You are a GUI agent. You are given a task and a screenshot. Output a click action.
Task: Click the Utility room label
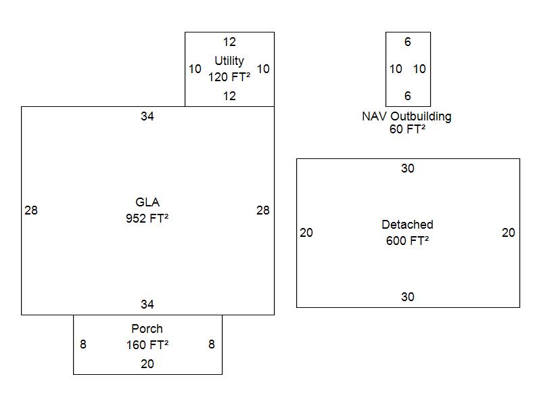pos(229,61)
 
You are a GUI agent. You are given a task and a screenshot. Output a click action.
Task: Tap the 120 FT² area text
pos(229,77)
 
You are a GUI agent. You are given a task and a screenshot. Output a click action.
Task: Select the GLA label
pos(147,202)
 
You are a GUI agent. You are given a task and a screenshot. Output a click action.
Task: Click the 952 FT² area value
pos(147,219)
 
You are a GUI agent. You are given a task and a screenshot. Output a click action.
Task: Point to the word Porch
pos(147,329)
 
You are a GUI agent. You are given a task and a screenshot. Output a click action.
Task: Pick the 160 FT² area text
pos(147,345)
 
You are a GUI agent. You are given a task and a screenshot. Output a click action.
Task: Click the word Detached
pos(407,225)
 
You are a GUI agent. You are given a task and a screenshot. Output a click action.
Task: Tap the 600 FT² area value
pos(407,241)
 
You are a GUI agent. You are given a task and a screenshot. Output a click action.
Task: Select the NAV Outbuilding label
pos(407,116)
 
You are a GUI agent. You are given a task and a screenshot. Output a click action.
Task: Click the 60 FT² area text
pos(407,130)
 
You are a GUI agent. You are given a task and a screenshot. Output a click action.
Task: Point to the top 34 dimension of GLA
pos(147,116)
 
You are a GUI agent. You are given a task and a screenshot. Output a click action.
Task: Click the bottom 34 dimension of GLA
pos(147,304)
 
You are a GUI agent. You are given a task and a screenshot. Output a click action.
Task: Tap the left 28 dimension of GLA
pos(31,210)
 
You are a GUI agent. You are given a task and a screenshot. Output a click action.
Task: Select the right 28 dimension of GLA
pos(263,210)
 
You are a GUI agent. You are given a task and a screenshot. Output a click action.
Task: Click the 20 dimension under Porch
pos(147,364)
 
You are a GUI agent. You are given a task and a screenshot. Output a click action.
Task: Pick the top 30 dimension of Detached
pos(407,168)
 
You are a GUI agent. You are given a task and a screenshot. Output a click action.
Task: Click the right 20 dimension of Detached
pos(509,233)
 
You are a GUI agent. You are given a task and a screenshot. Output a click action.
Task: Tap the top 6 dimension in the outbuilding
pos(408,42)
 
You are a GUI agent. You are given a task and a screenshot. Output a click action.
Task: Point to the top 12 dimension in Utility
pos(230,42)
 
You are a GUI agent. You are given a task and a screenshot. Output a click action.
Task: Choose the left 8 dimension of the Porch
pos(83,344)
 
